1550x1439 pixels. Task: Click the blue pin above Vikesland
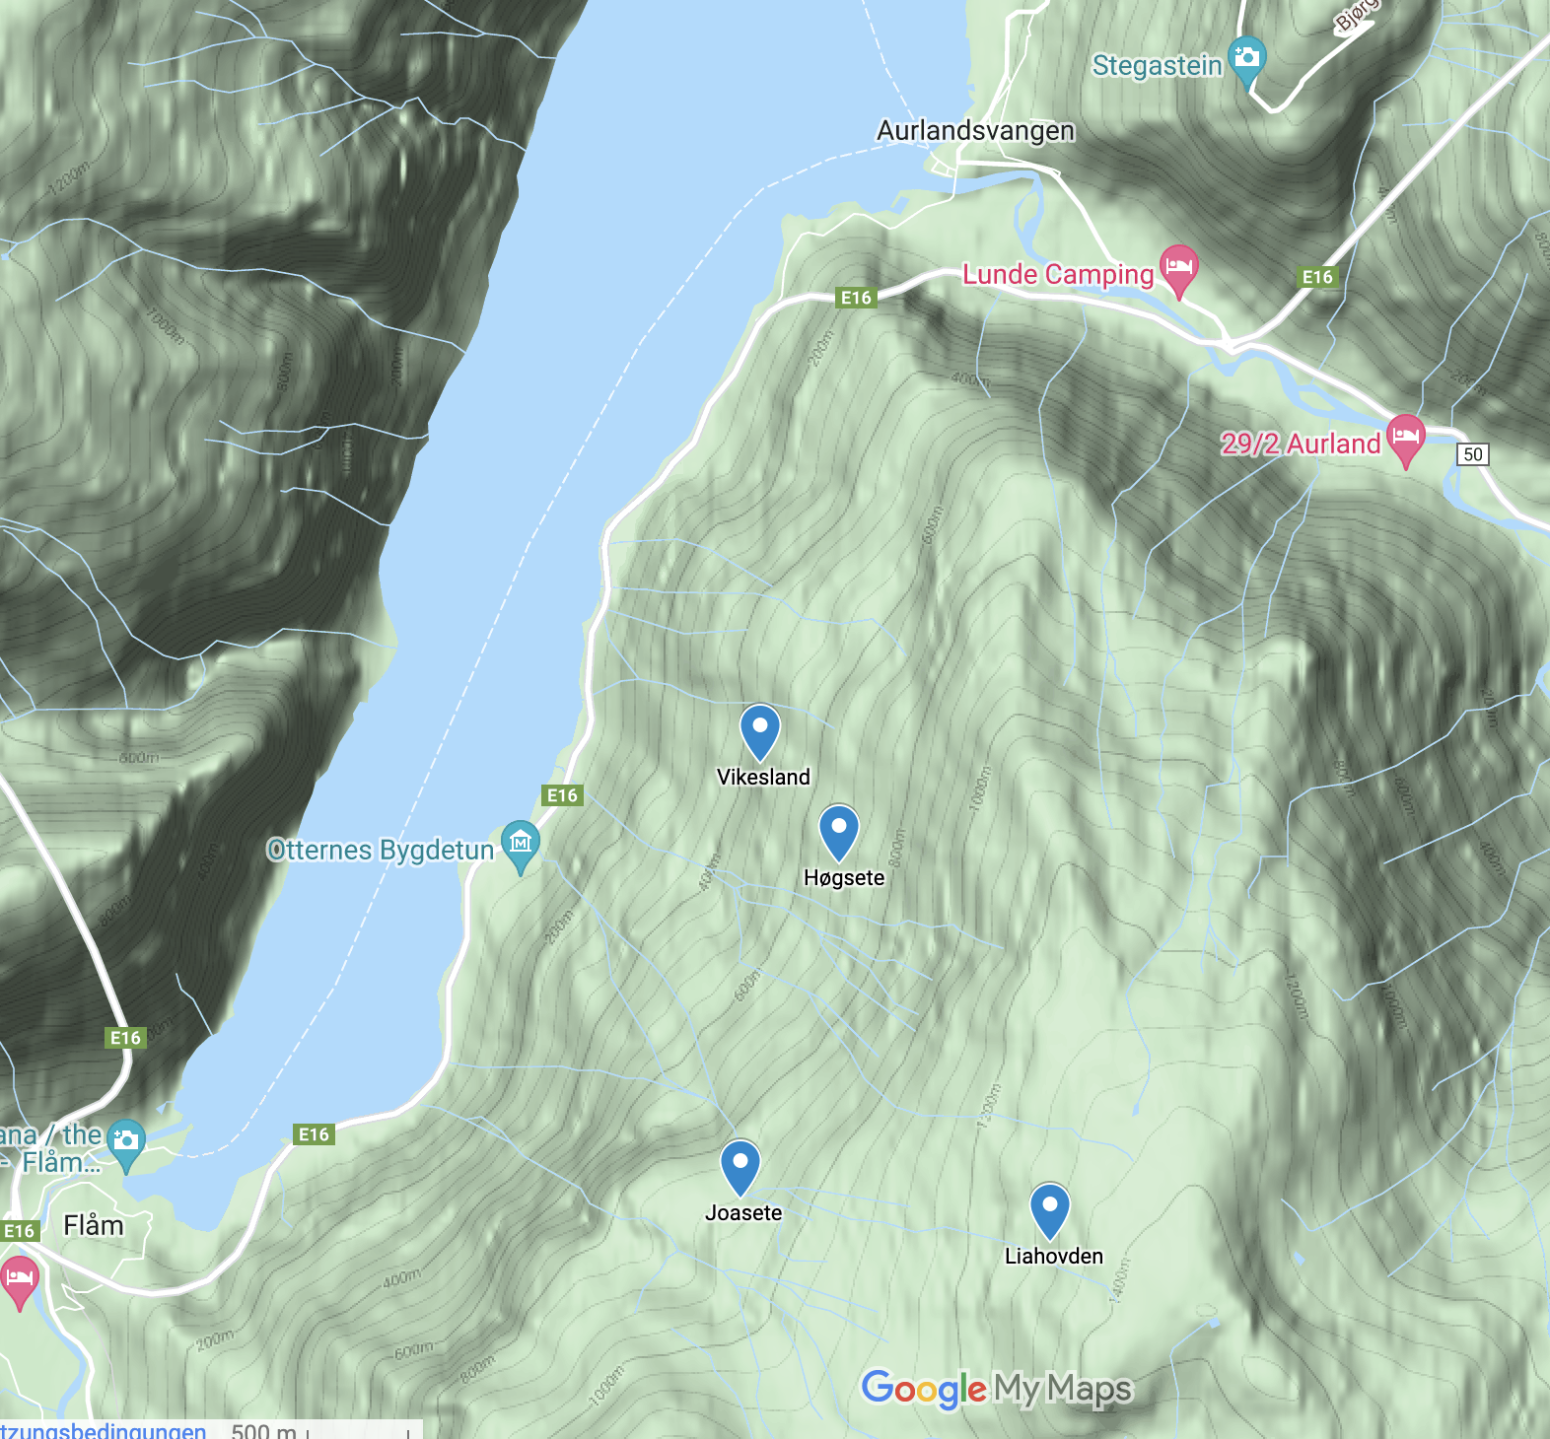point(760,731)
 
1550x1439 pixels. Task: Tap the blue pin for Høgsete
point(839,832)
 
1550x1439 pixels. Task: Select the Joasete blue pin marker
point(740,1167)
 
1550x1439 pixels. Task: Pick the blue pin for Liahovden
point(1050,1210)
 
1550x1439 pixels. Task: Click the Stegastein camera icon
point(1247,57)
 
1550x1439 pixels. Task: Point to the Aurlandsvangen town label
point(975,131)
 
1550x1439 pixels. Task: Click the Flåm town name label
point(94,1226)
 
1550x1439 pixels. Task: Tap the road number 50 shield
point(1473,454)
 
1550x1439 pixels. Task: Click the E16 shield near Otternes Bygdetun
point(563,795)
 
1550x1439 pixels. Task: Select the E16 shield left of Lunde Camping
point(856,298)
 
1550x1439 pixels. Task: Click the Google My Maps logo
point(997,1389)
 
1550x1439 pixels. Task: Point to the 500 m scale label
point(263,1430)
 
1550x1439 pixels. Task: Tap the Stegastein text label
point(1157,66)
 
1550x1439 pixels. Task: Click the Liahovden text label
point(1053,1257)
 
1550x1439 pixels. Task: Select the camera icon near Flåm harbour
point(126,1142)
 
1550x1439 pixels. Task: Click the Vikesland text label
point(763,778)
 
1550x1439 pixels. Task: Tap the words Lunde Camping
point(1058,275)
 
